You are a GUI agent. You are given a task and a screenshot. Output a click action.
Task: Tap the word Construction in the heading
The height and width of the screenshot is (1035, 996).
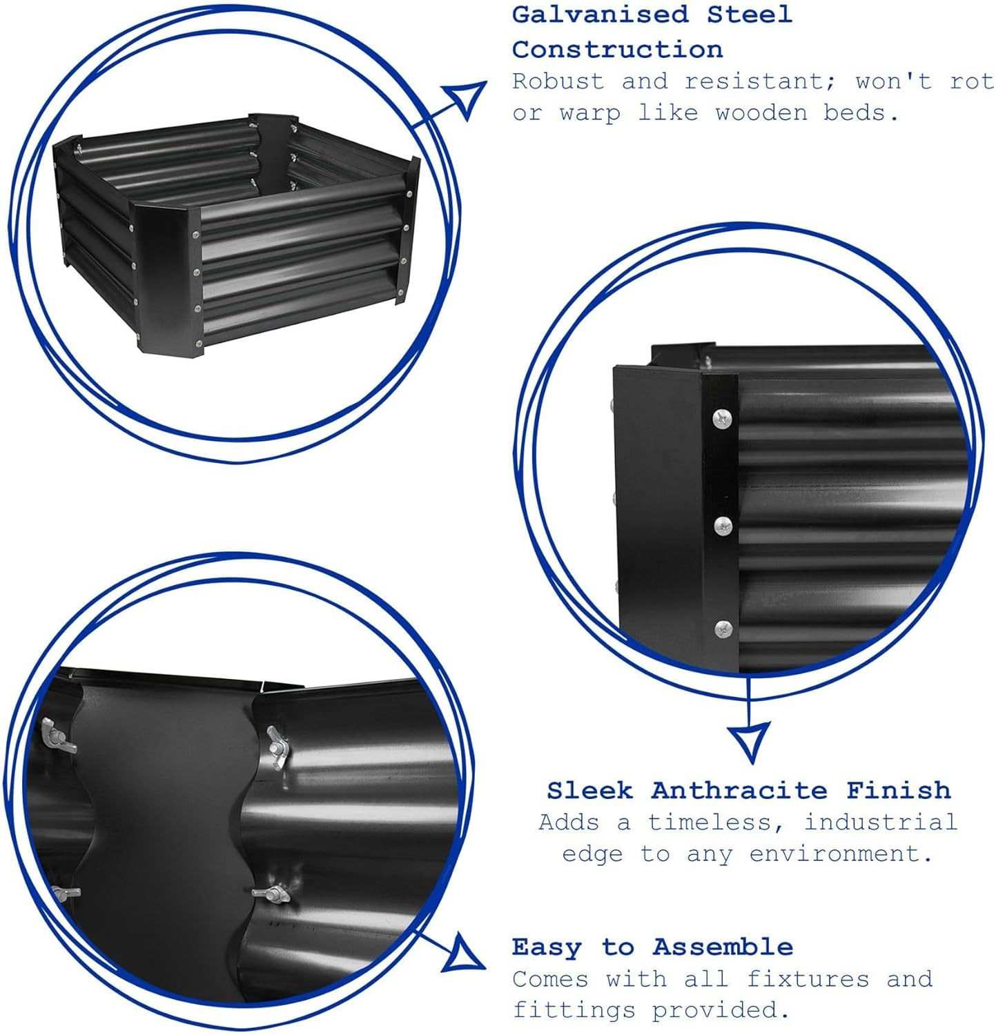[618, 50]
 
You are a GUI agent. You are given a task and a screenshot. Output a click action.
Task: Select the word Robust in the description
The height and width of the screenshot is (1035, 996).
[558, 81]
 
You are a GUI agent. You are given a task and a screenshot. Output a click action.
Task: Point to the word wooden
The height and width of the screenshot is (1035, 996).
[761, 112]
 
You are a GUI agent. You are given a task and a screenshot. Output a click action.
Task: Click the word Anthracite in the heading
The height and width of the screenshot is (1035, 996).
[739, 790]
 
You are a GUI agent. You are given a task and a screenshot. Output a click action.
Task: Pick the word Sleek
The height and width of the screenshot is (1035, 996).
[589, 790]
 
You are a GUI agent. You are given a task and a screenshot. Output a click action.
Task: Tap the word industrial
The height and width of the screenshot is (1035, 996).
[881, 822]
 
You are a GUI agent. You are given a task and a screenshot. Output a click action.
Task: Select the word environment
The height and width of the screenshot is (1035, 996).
[841, 854]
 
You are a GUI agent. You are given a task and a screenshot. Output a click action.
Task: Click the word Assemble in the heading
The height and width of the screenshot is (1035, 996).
[723, 947]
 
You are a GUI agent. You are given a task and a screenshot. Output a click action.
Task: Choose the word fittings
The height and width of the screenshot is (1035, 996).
[574, 1010]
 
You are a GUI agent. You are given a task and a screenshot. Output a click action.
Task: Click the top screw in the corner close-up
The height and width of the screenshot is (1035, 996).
[722, 417]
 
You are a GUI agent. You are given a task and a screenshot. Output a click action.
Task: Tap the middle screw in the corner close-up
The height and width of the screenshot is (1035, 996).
[723, 526]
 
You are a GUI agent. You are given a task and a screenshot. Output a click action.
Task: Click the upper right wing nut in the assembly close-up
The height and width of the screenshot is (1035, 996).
[279, 742]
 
